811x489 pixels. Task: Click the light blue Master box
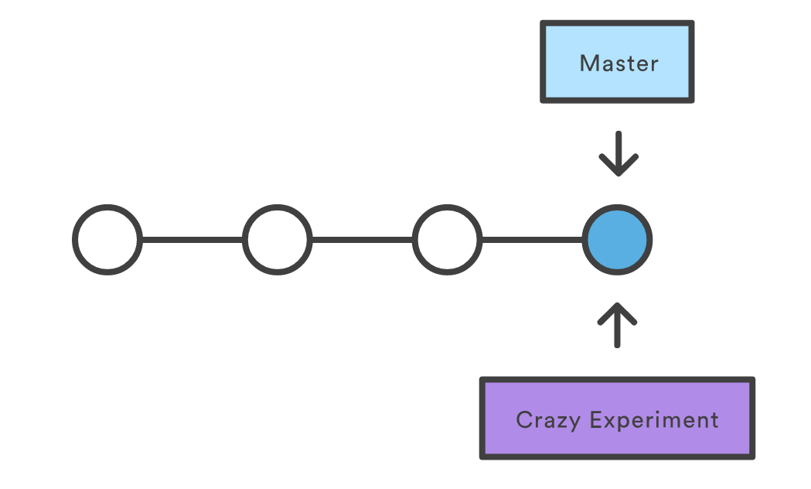617,62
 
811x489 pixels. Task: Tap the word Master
619,63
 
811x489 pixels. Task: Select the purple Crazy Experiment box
617,418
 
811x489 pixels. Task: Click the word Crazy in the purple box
548,420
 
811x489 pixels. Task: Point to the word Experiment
654,420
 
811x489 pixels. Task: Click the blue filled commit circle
617,240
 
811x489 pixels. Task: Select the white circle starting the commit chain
107,240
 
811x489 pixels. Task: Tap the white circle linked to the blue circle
448,240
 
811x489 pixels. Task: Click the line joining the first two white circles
193,240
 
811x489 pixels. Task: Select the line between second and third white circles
362,240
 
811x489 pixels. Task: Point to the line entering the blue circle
532,240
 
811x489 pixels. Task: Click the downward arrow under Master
618,154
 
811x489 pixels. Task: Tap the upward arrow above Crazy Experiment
617,325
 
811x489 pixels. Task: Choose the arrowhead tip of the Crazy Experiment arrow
617,303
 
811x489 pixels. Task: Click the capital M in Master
588,63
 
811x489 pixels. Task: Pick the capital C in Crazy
524,419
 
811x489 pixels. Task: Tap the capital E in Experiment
596,419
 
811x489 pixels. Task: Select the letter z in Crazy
561,422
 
